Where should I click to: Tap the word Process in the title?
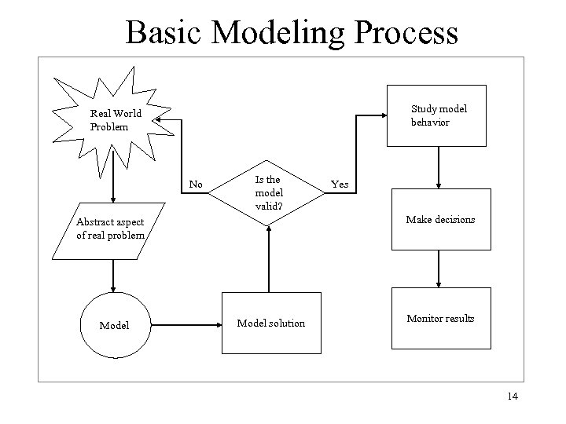[x=406, y=33]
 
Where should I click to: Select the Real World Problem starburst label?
[x=115, y=120]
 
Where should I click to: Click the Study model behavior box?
[x=438, y=116]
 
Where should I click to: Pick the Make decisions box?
[x=439, y=220]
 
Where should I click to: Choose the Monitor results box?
[x=439, y=319]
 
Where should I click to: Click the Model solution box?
[x=271, y=323]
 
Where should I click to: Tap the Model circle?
[x=114, y=324]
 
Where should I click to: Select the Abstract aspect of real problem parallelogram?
[x=111, y=228]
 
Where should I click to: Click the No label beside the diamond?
[x=197, y=185]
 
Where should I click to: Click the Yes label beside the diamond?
[x=340, y=185]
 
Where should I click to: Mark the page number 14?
[x=513, y=397]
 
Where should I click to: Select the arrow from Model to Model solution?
[x=185, y=323]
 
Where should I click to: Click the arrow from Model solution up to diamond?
[x=269, y=259]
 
